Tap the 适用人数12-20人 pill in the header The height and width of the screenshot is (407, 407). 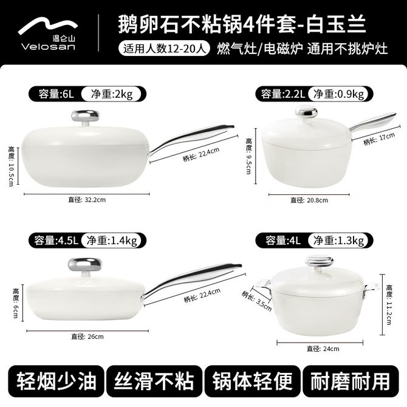(x=164, y=48)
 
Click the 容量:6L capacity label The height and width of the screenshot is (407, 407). (x=56, y=94)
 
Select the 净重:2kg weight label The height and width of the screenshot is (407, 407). (x=112, y=94)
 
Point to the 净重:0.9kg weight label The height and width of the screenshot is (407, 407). (x=338, y=94)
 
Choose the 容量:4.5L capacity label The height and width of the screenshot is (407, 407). (x=56, y=241)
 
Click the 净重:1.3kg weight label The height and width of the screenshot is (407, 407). (x=338, y=241)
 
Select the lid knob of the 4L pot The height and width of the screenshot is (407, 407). (x=319, y=262)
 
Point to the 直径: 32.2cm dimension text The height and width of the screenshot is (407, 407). (x=87, y=200)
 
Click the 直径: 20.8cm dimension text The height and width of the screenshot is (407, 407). (x=309, y=200)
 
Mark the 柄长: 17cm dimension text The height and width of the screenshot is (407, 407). (x=379, y=139)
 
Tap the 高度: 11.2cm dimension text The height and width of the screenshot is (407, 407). (x=389, y=305)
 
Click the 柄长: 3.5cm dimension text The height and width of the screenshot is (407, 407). (x=256, y=301)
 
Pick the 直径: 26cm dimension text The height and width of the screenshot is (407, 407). (x=87, y=337)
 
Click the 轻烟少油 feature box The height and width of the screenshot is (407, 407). (x=56, y=381)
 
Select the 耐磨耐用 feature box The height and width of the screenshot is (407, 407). (x=351, y=381)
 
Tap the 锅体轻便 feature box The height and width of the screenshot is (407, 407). (x=252, y=381)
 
